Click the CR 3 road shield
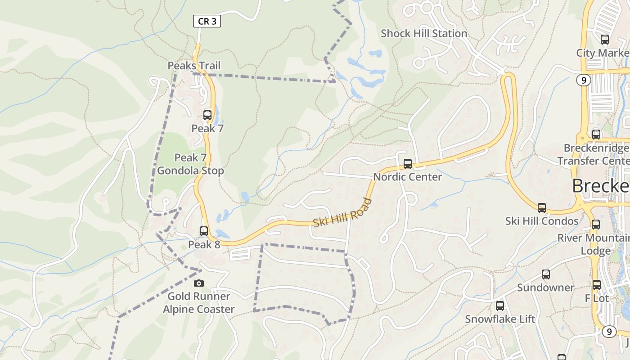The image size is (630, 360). [207, 21]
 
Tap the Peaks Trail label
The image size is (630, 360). [194, 66]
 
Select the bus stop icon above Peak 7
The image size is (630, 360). [207, 115]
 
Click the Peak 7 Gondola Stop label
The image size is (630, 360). [190, 164]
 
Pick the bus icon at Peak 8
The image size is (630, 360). [204, 231]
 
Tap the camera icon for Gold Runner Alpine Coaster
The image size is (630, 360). [198, 283]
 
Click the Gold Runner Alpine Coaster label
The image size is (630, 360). [198, 303]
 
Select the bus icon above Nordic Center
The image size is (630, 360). [408, 164]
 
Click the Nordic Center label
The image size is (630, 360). [408, 177]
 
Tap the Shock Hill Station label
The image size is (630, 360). [424, 33]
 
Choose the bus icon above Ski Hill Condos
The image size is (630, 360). [542, 208]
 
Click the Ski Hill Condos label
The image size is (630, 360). [542, 221]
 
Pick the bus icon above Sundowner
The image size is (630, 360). [546, 274]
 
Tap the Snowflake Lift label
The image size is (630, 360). [500, 319]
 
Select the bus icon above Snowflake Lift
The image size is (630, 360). [500, 306]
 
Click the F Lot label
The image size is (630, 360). [597, 298]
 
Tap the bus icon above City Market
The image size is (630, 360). [605, 40]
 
